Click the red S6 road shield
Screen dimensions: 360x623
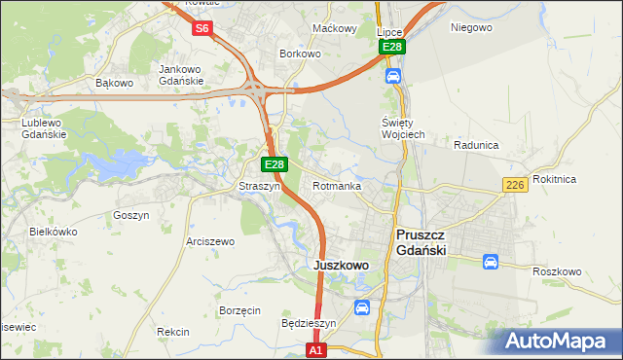pos(202,28)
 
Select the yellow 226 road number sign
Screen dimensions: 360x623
pos(516,185)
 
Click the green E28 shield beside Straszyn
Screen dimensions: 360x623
pos(275,165)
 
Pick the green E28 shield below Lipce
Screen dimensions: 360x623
pos(391,47)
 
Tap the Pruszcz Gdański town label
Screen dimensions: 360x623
pos(421,242)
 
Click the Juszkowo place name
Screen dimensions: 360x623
pos(340,265)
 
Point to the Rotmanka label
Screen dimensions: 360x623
pos(337,186)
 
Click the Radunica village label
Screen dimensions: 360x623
pos(476,144)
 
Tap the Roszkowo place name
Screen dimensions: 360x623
pos(557,271)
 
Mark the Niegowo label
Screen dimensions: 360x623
pos(471,27)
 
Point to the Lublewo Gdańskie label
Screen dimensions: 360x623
pos(44,128)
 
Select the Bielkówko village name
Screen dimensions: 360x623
pos(54,232)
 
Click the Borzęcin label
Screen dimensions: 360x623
pos(239,310)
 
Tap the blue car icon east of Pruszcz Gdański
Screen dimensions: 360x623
pos(490,262)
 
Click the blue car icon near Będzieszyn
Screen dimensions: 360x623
pos(362,307)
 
